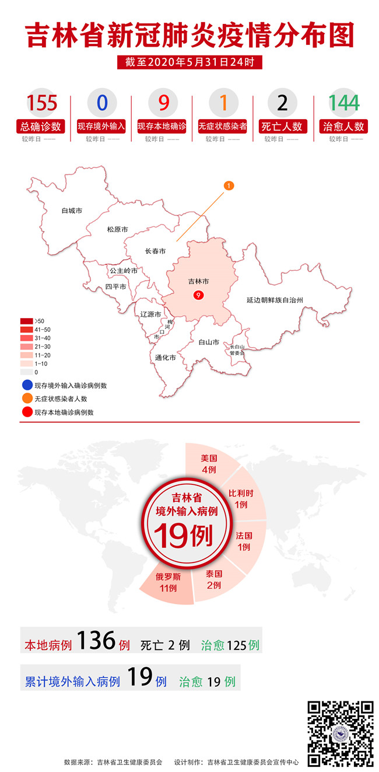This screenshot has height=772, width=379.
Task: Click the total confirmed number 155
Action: [42, 103]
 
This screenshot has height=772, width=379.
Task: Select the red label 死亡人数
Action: [282, 126]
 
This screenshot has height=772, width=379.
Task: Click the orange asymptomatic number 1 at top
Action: [222, 103]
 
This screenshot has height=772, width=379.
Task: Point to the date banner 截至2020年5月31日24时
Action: [185, 62]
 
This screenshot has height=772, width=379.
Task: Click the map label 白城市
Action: [72, 210]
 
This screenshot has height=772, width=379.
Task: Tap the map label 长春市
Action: [155, 251]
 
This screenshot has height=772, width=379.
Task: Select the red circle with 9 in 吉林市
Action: [199, 296]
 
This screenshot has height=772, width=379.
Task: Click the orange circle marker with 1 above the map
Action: [229, 186]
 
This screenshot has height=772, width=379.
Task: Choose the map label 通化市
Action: [165, 358]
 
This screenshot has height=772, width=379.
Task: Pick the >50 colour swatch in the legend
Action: [26, 321]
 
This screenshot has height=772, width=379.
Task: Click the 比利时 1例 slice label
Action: [239, 499]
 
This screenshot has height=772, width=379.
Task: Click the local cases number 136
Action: [96, 642]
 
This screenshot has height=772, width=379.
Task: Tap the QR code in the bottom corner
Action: [341, 733]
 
